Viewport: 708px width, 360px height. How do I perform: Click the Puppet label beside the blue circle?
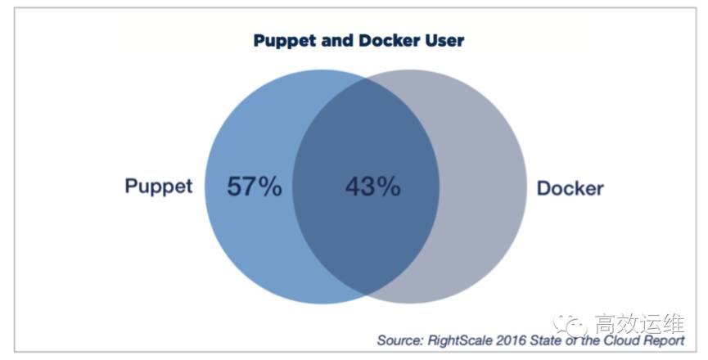159,187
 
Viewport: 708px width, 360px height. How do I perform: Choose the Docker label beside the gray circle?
570,188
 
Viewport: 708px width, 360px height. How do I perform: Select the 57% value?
254,187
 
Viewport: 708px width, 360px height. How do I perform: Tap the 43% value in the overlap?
372,187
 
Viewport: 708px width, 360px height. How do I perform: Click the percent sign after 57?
269,187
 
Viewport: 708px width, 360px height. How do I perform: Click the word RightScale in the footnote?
461,340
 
